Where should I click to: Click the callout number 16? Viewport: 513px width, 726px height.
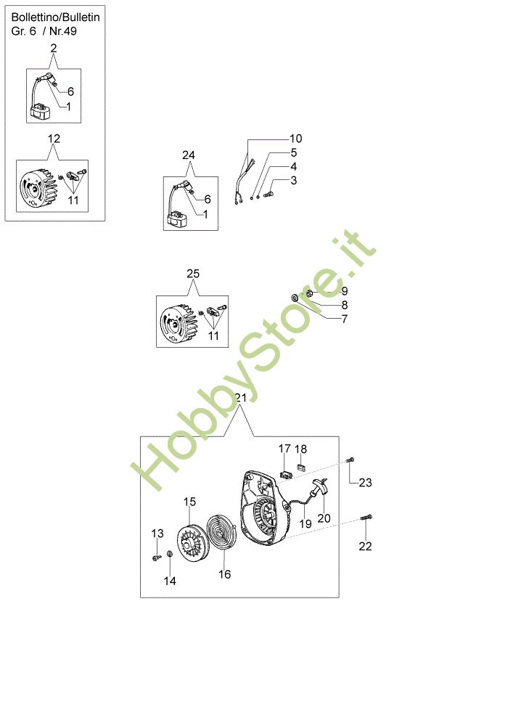pyautogui.click(x=224, y=574)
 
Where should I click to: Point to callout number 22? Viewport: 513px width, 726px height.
pyautogui.click(x=365, y=547)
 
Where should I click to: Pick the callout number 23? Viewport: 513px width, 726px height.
pyautogui.click(x=365, y=483)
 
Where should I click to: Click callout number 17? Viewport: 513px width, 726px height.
pyautogui.click(x=284, y=449)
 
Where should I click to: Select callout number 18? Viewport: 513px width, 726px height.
pyautogui.click(x=300, y=449)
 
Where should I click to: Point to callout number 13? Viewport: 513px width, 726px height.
pyautogui.click(x=157, y=534)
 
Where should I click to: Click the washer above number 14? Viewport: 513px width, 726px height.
pyautogui.click(x=170, y=554)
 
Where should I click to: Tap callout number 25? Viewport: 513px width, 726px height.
pyautogui.click(x=193, y=274)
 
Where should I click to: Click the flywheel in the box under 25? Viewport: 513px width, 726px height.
pyautogui.click(x=178, y=322)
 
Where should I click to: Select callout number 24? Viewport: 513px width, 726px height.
pyautogui.click(x=188, y=155)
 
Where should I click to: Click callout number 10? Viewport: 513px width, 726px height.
pyautogui.click(x=295, y=139)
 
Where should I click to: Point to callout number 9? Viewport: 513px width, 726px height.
pyautogui.click(x=344, y=291)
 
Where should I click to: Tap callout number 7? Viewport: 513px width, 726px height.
pyautogui.click(x=344, y=319)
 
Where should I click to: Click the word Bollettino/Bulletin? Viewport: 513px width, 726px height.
pyautogui.click(x=56, y=17)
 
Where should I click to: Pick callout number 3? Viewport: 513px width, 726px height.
pyautogui.click(x=294, y=181)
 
